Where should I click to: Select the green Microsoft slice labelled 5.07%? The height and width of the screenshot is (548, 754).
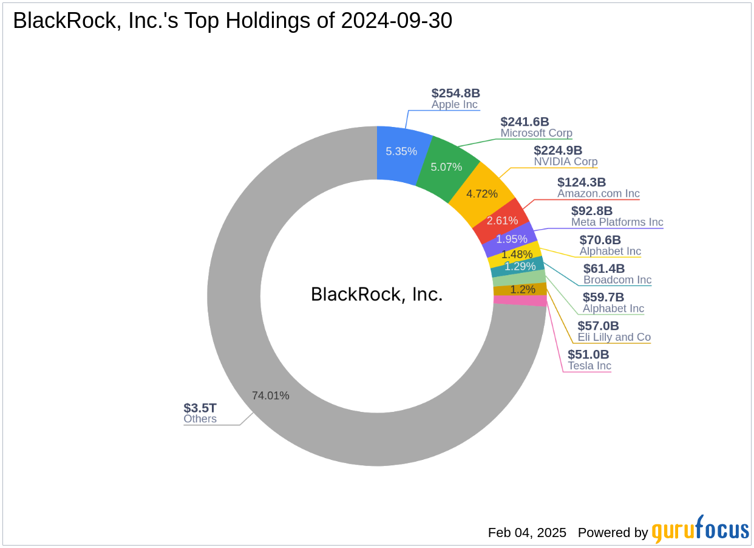click(x=447, y=166)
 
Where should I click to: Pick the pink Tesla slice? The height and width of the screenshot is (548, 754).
click(x=520, y=300)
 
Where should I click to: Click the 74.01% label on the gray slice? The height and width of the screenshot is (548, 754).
click(x=270, y=396)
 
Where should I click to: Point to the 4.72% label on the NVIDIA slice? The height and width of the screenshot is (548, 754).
click(x=481, y=194)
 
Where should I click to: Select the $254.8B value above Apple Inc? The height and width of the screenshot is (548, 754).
click(x=455, y=93)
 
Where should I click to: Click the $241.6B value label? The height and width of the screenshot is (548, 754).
click(x=525, y=122)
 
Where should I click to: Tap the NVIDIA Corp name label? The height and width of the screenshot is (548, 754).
click(x=565, y=162)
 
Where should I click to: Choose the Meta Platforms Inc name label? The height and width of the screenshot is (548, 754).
click(x=617, y=222)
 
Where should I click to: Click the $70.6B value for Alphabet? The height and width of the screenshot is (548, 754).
click(x=600, y=240)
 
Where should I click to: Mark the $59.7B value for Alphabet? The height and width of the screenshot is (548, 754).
click(x=603, y=297)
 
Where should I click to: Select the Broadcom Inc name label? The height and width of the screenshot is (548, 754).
click(x=617, y=280)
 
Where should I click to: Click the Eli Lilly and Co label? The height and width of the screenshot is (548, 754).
click(x=614, y=337)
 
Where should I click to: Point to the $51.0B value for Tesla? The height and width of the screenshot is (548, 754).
click(x=588, y=354)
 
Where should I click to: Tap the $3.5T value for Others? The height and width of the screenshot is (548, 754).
click(x=200, y=408)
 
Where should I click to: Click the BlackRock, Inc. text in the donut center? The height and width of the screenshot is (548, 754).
click(x=376, y=295)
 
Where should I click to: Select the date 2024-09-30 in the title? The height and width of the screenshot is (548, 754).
click(x=396, y=21)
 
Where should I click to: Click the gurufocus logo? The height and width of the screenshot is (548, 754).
click(x=700, y=530)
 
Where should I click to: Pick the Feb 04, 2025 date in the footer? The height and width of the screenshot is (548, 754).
click(x=527, y=533)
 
